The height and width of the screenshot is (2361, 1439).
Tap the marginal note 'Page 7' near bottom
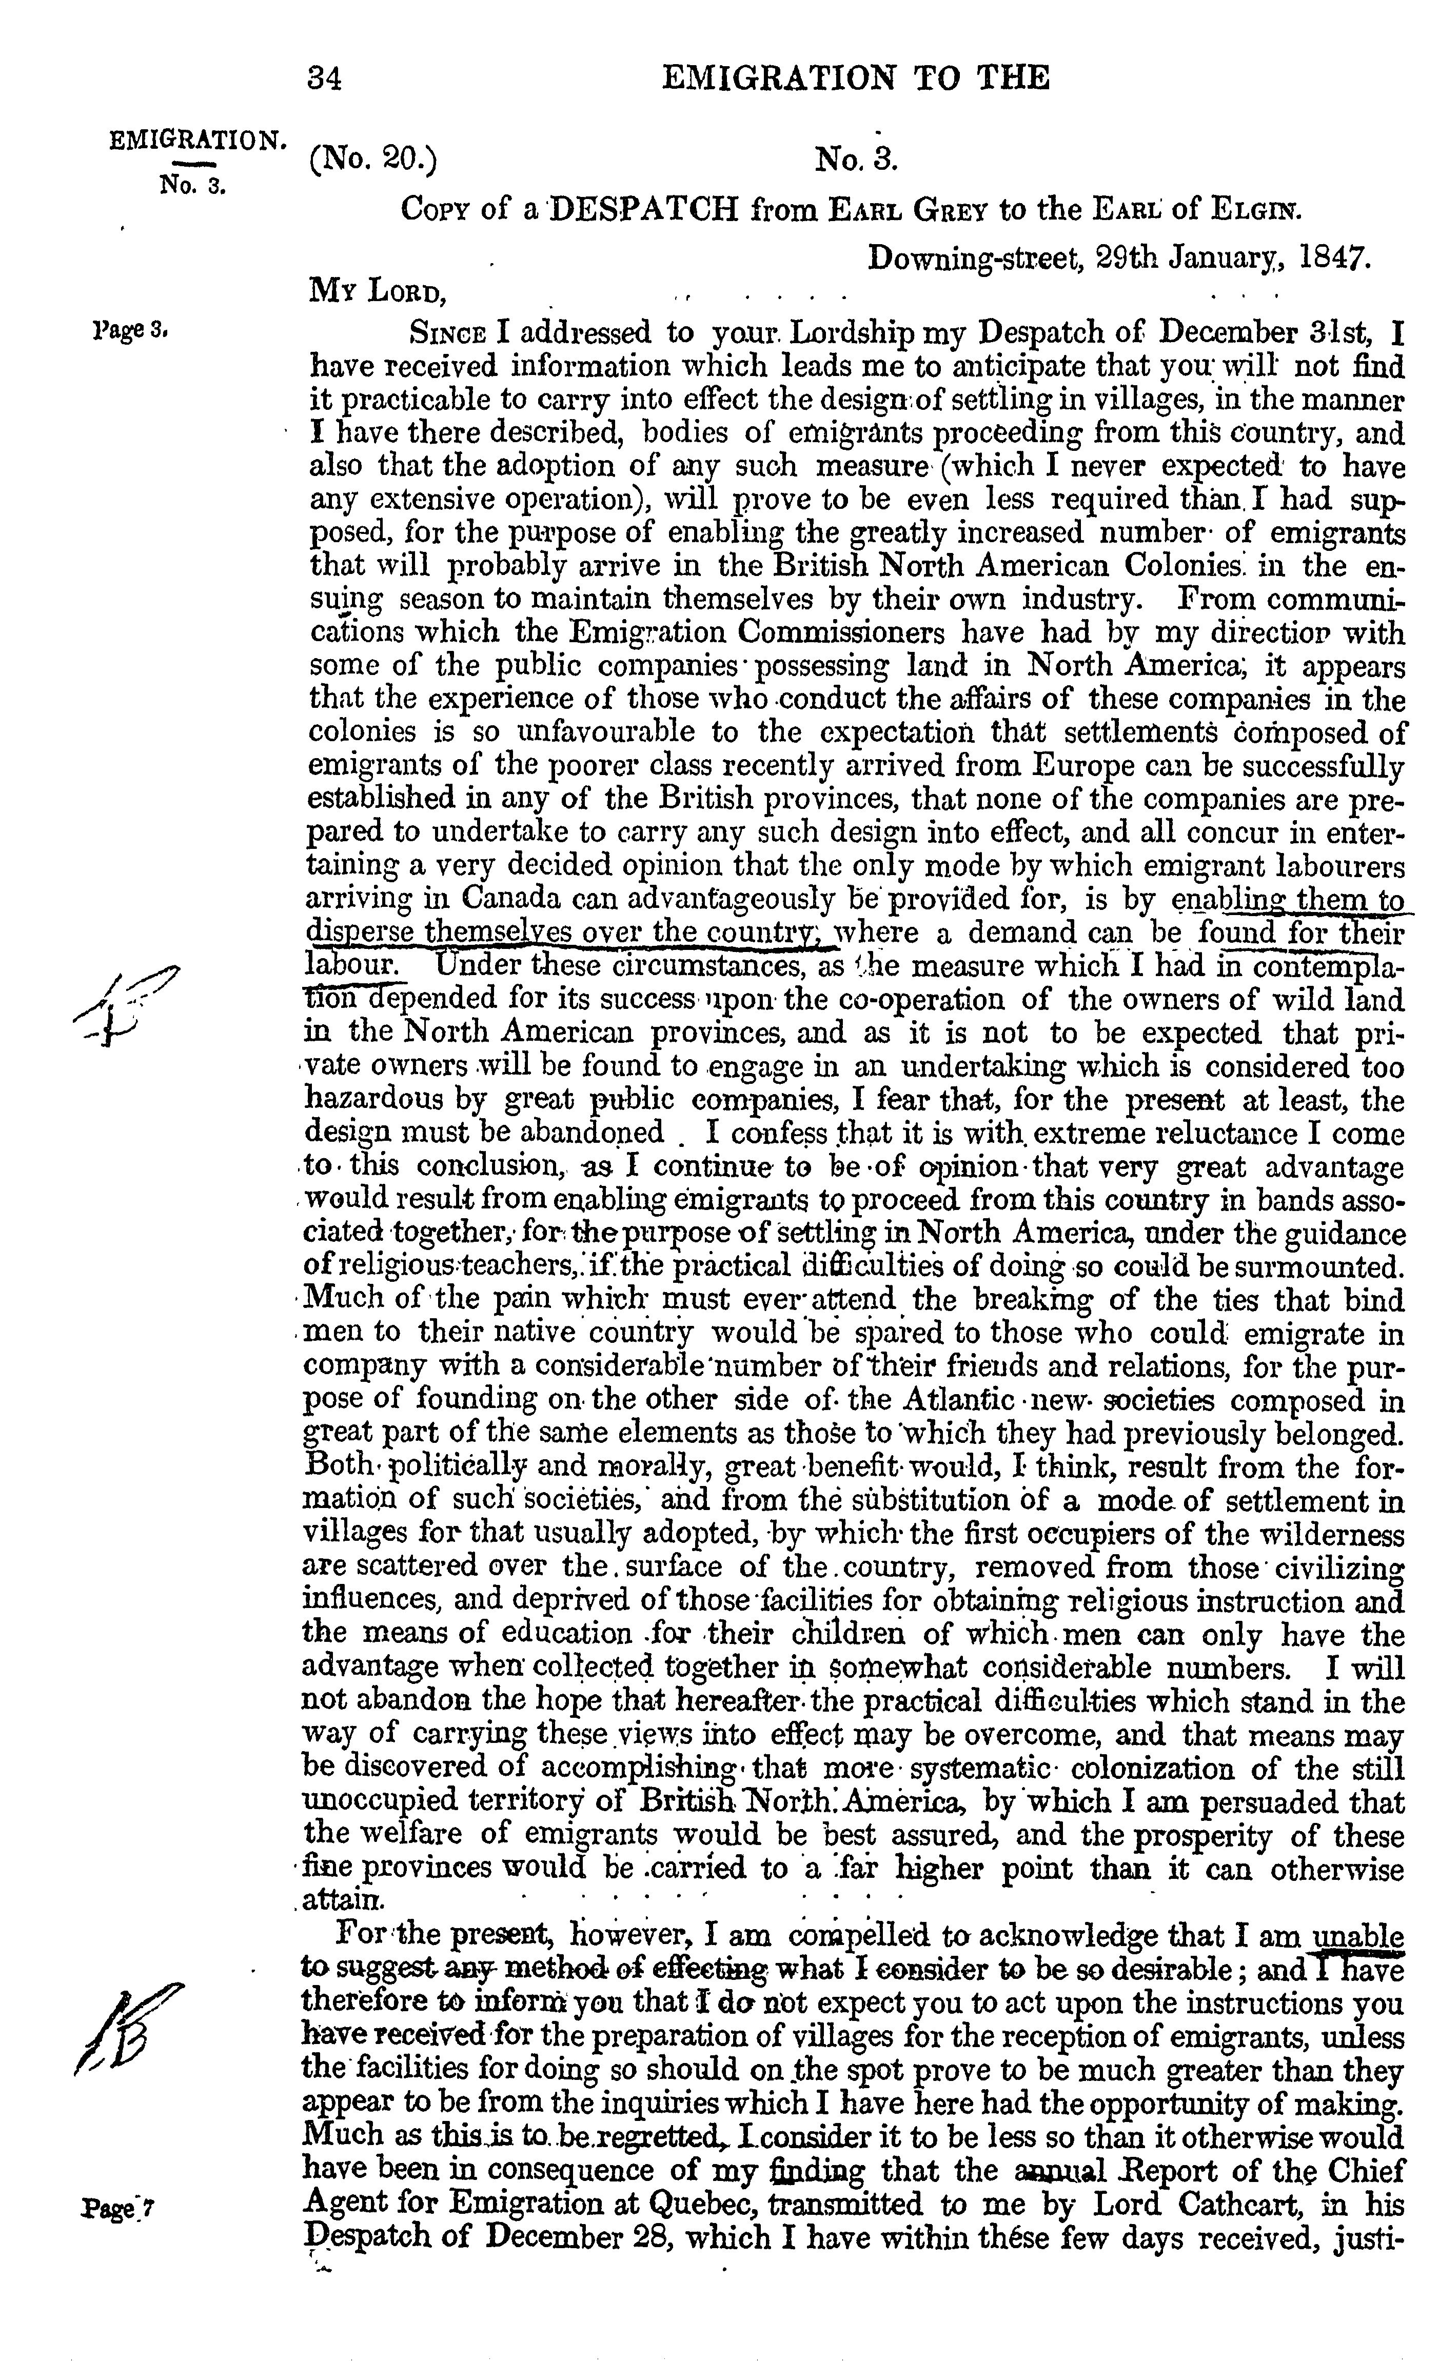point(120,2205)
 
